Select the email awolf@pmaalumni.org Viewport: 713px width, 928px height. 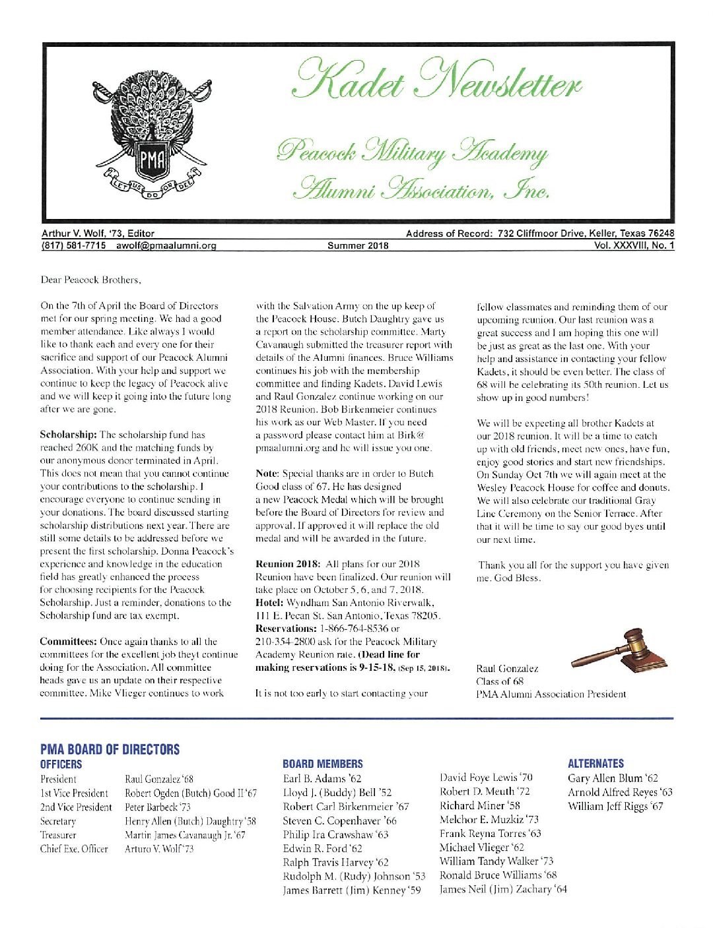[166, 246]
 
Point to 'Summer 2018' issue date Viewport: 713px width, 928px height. [358, 246]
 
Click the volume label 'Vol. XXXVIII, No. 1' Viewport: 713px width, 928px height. [634, 246]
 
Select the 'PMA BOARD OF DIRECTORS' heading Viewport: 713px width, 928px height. [110, 749]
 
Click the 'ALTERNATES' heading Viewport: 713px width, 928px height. [595, 763]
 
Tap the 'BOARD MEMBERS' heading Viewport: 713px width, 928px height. [322, 764]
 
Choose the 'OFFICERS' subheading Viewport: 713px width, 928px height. [61, 764]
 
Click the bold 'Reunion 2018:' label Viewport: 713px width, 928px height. [287, 564]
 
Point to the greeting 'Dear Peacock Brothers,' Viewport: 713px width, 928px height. [91, 280]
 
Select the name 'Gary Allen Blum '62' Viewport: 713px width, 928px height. [613, 778]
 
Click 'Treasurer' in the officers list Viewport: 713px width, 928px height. [58, 835]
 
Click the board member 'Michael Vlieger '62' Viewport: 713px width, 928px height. [481, 847]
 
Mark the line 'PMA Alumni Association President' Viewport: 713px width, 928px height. [551, 694]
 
